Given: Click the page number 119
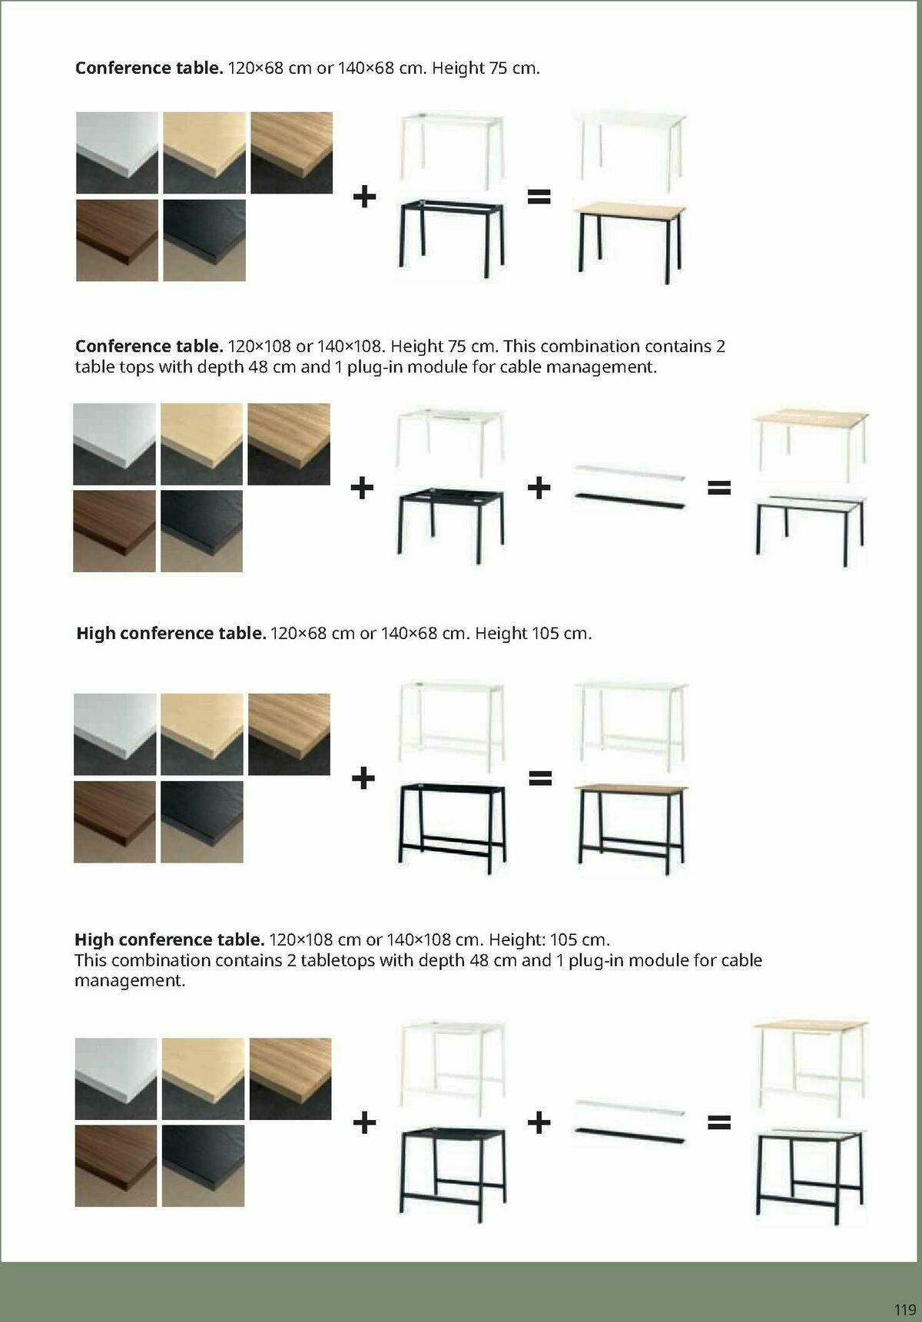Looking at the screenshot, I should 904,1310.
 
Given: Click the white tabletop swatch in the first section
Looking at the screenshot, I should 117,152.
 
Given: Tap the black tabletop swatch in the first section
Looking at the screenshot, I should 204,240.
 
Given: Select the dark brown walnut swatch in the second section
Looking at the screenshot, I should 114,531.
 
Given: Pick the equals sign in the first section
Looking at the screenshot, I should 539,197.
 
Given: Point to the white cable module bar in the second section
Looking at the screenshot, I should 628,472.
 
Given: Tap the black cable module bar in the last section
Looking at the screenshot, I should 628,1135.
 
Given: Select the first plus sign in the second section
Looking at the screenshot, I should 362,487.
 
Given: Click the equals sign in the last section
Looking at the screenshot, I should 718,1124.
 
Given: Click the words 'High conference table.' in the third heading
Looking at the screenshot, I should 171,634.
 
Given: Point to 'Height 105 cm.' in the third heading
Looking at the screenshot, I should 533,634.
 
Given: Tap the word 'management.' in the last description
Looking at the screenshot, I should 130,981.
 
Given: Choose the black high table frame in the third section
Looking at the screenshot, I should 452,827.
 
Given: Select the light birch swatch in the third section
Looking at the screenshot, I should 202,734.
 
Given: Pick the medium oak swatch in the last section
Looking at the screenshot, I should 290,1078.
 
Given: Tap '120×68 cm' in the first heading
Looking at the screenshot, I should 270,68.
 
